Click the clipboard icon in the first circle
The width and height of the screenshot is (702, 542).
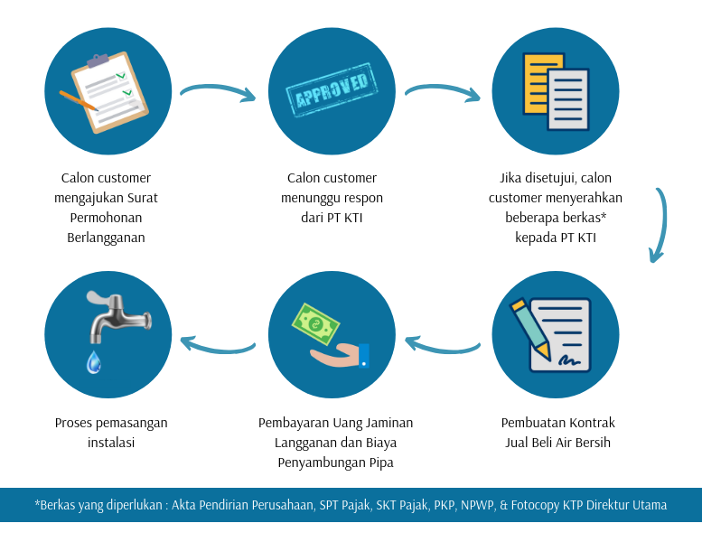112,91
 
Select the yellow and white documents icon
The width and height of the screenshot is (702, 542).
555,91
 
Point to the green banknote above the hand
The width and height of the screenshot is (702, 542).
316,322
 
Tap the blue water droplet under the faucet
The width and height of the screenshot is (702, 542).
93,362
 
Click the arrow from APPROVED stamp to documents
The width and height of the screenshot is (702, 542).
443,91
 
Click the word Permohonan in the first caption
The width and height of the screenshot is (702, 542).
106,218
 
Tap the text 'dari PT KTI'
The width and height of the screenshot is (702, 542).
332,218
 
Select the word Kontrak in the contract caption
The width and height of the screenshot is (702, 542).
591,423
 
